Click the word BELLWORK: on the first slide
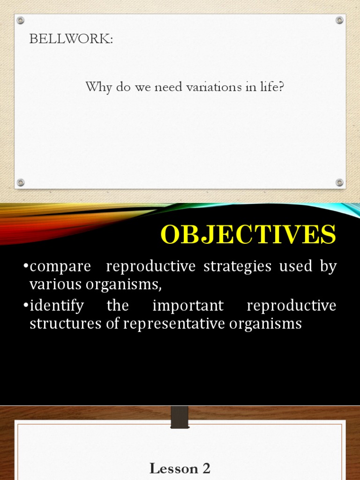[x=71, y=39]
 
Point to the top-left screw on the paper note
[x=20, y=20]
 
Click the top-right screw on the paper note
[x=339, y=20]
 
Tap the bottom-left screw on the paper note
[x=20, y=182]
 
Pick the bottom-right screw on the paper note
[x=339, y=182]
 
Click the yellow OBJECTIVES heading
[x=248, y=235]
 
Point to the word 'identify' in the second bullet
[x=57, y=306]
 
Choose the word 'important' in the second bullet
[x=188, y=306]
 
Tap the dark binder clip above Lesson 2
[x=180, y=417]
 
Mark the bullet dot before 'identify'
[x=26, y=306]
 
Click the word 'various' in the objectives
[x=52, y=284]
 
